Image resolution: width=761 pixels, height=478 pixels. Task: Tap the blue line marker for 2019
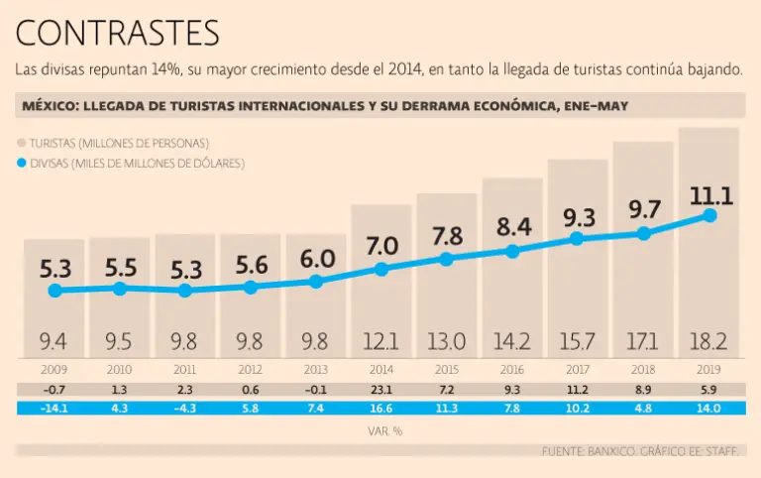tap(709, 215)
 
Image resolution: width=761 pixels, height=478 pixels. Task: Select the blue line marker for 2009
tap(54, 291)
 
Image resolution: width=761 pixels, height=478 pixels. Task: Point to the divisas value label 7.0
tap(382, 246)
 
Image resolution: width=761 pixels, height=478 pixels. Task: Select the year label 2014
tap(382, 370)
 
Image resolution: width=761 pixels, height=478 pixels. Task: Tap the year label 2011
tap(185, 370)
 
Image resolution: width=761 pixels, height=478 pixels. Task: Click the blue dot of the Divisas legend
tap(22, 162)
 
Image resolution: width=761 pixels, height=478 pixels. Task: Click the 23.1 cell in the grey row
tap(382, 390)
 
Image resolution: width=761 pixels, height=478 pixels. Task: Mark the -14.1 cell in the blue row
tap(54, 408)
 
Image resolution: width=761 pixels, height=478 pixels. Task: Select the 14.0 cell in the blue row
tap(709, 408)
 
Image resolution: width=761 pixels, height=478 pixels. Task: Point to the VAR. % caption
tap(382, 431)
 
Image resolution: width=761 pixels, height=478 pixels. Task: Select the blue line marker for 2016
tap(512, 251)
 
